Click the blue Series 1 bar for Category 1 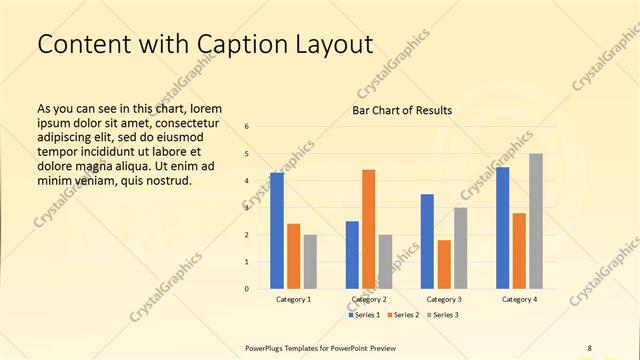pyautogui.click(x=277, y=231)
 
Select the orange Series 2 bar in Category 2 pyautogui.click(x=369, y=229)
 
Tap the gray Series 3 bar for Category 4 pyautogui.click(x=536, y=221)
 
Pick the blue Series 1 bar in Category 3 pyautogui.click(x=427, y=241)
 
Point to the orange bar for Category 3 pyautogui.click(x=444, y=264)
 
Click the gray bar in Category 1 pyautogui.click(x=310, y=262)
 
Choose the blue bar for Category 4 pyautogui.click(x=502, y=228)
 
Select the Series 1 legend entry pyautogui.click(x=364, y=315)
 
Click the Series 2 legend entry pyautogui.click(x=403, y=315)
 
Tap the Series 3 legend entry pyautogui.click(x=442, y=315)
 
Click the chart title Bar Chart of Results pyautogui.click(x=402, y=110)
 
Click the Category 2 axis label pyautogui.click(x=369, y=299)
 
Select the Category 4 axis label pyautogui.click(x=519, y=299)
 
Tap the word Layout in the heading pyautogui.click(x=321, y=45)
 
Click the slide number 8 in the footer pyautogui.click(x=589, y=347)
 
